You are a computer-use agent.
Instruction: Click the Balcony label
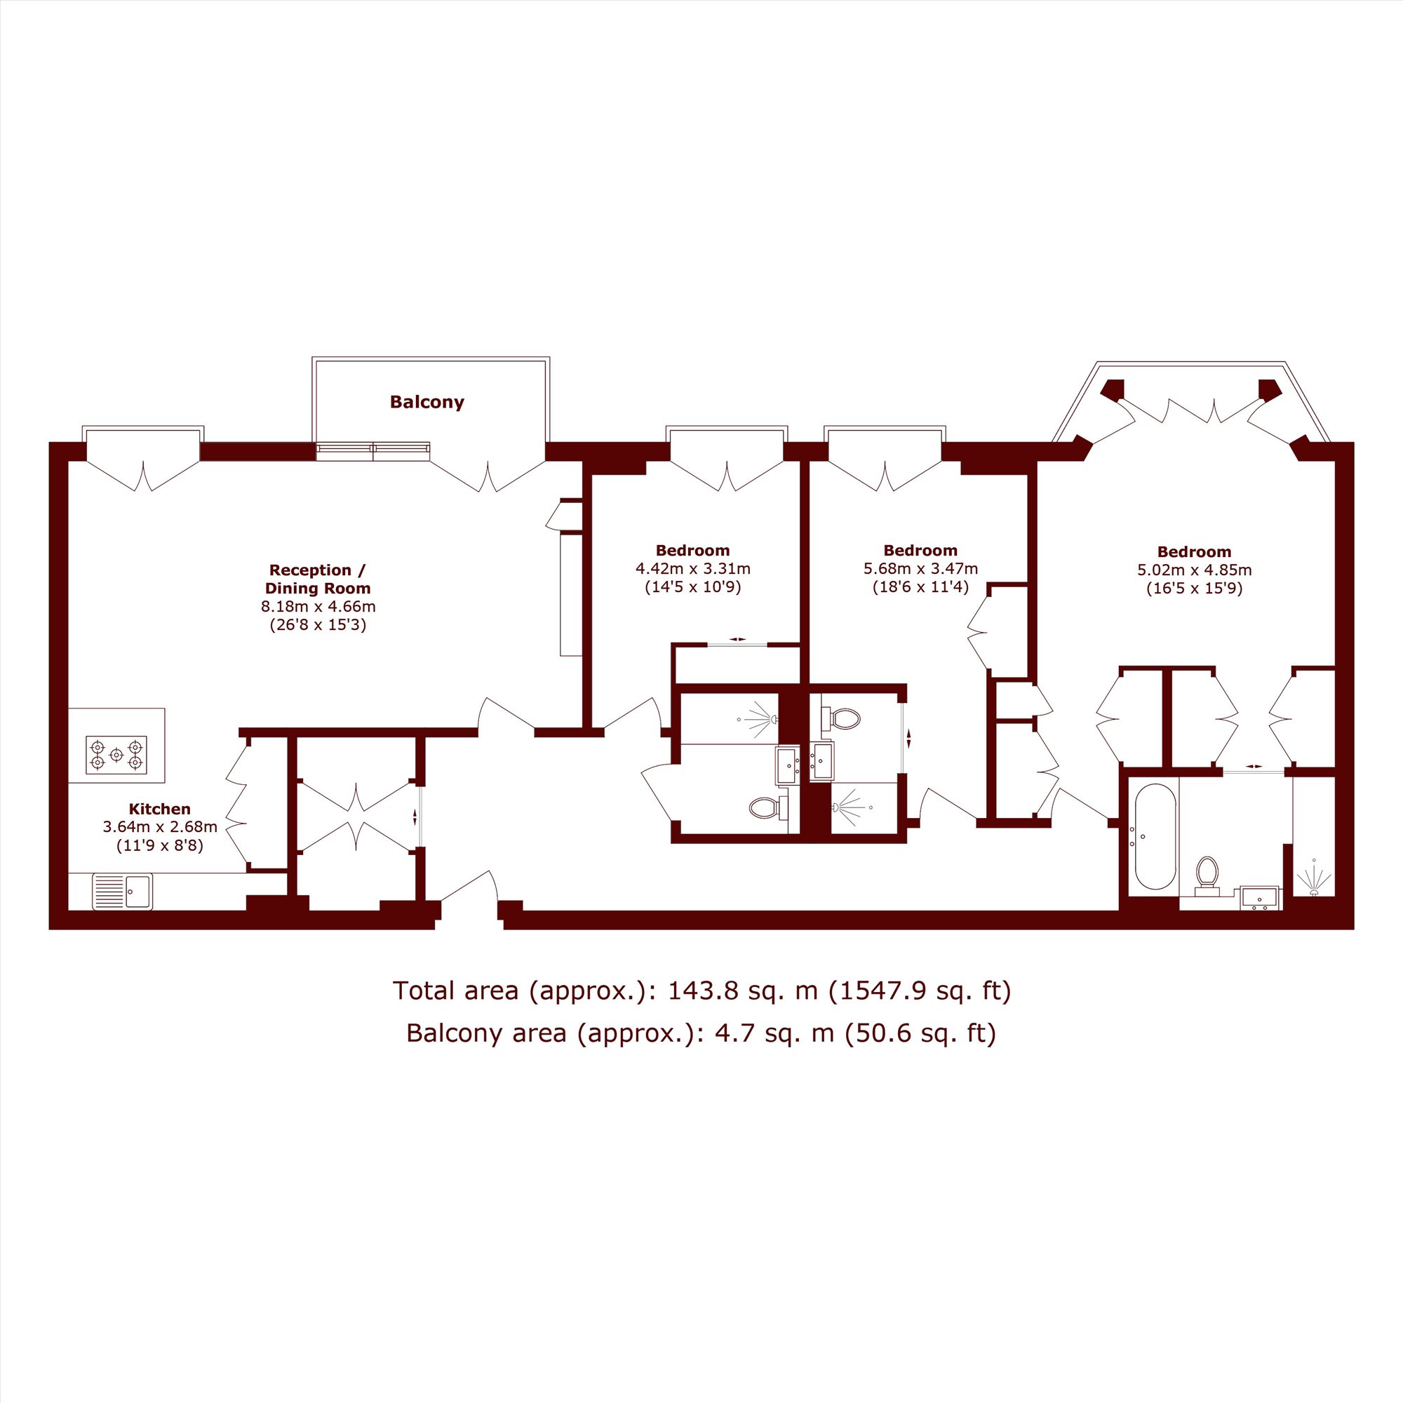pos(427,402)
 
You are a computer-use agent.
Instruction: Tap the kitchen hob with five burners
pos(116,755)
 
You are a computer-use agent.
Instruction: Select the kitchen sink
pos(123,891)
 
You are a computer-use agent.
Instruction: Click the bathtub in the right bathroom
pos(1155,837)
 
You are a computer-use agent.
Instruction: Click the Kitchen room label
pos(160,809)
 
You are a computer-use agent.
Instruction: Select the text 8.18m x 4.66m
pos(318,606)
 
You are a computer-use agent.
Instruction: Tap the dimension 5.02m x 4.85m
pos(1195,570)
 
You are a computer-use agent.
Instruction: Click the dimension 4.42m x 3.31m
pos(693,569)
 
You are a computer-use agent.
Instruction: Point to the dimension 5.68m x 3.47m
pos(920,569)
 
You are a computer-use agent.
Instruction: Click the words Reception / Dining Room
pos(318,579)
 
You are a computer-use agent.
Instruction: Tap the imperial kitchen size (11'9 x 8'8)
pos(160,845)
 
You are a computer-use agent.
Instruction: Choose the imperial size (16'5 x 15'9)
pos(1195,589)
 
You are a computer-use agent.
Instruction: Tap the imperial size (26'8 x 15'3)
pos(318,624)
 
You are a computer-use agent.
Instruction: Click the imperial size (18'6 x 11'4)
pos(920,586)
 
